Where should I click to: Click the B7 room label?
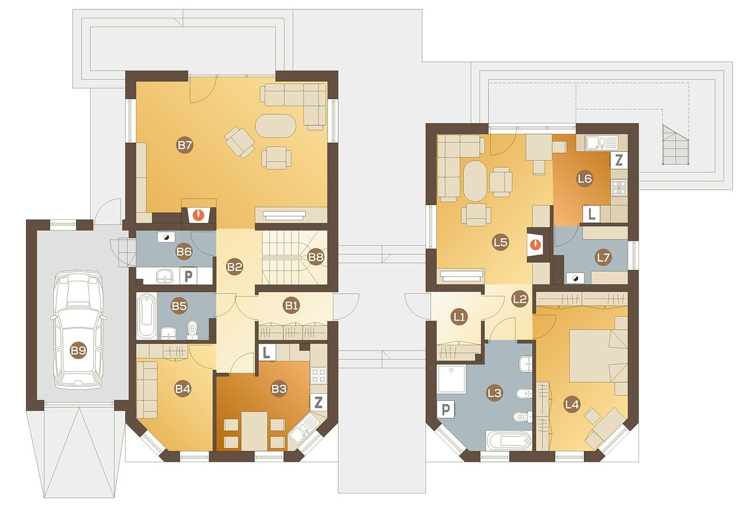185,145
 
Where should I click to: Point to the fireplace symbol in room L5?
536,244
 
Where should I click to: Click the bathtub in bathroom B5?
147,316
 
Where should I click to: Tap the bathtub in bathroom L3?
509,441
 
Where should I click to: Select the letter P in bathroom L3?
446,410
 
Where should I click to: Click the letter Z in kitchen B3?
319,402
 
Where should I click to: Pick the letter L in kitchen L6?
590,214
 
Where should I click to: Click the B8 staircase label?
315,257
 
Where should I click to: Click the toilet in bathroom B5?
192,330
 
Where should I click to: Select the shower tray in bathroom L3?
451,379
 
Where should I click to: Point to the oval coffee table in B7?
276,126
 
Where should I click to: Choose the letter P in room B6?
188,276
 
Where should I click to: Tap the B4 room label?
183,389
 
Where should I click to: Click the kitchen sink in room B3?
303,428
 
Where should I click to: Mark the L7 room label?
603,257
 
